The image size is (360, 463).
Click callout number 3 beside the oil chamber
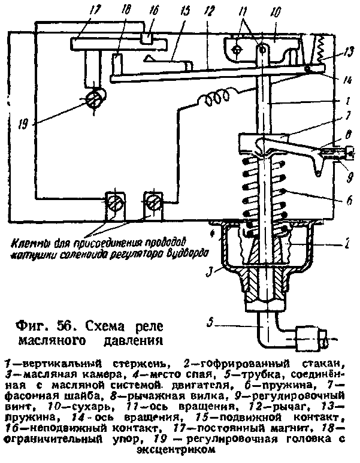coord(207,274)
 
